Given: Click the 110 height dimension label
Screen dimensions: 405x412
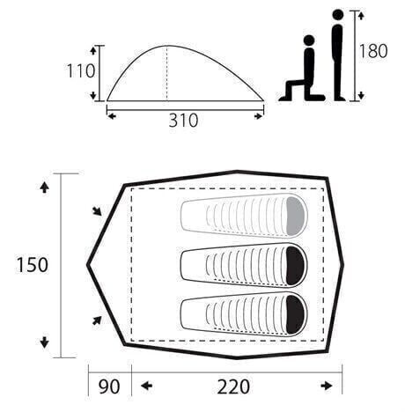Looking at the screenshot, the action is point(81,71).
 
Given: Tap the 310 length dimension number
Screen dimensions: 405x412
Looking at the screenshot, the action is point(183,121).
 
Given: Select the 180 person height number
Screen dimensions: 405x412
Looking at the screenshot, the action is point(373,51).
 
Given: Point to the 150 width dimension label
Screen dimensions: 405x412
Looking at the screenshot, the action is point(32,265).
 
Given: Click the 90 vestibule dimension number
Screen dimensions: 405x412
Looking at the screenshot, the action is point(109,386).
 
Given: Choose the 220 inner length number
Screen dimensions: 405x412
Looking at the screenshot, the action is point(233,386).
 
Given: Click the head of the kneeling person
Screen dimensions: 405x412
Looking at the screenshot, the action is point(309,40).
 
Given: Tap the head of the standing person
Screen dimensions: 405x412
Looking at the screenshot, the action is point(338,14).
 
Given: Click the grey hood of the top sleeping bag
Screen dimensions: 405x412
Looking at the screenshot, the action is point(296,217).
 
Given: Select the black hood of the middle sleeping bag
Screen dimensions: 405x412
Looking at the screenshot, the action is point(296,266).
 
